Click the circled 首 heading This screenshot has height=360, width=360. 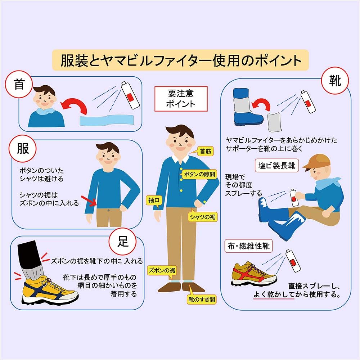click(x=19, y=84)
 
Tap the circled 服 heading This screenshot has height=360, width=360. click(x=22, y=149)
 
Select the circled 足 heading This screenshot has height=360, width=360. click(x=123, y=242)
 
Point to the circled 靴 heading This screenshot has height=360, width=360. click(x=335, y=81)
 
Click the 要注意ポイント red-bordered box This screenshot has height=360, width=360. click(x=181, y=99)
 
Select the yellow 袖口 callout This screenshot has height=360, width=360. click(x=154, y=201)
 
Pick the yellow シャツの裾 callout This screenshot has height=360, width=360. click(x=202, y=217)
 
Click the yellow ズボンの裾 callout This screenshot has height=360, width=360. click(x=162, y=270)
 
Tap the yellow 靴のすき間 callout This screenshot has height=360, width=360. click(x=202, y=299)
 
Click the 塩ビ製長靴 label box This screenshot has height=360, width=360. click(x=276, y=165)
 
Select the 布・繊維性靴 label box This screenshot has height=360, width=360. click(x=248, y=246)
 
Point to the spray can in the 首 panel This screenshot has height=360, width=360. click(x=130, y=95)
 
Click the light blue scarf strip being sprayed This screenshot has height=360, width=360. click(x=107, y=120)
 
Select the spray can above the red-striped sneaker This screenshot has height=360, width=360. click(x=293, y=261)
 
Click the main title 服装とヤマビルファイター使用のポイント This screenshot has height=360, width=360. click(x=180, y=60)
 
